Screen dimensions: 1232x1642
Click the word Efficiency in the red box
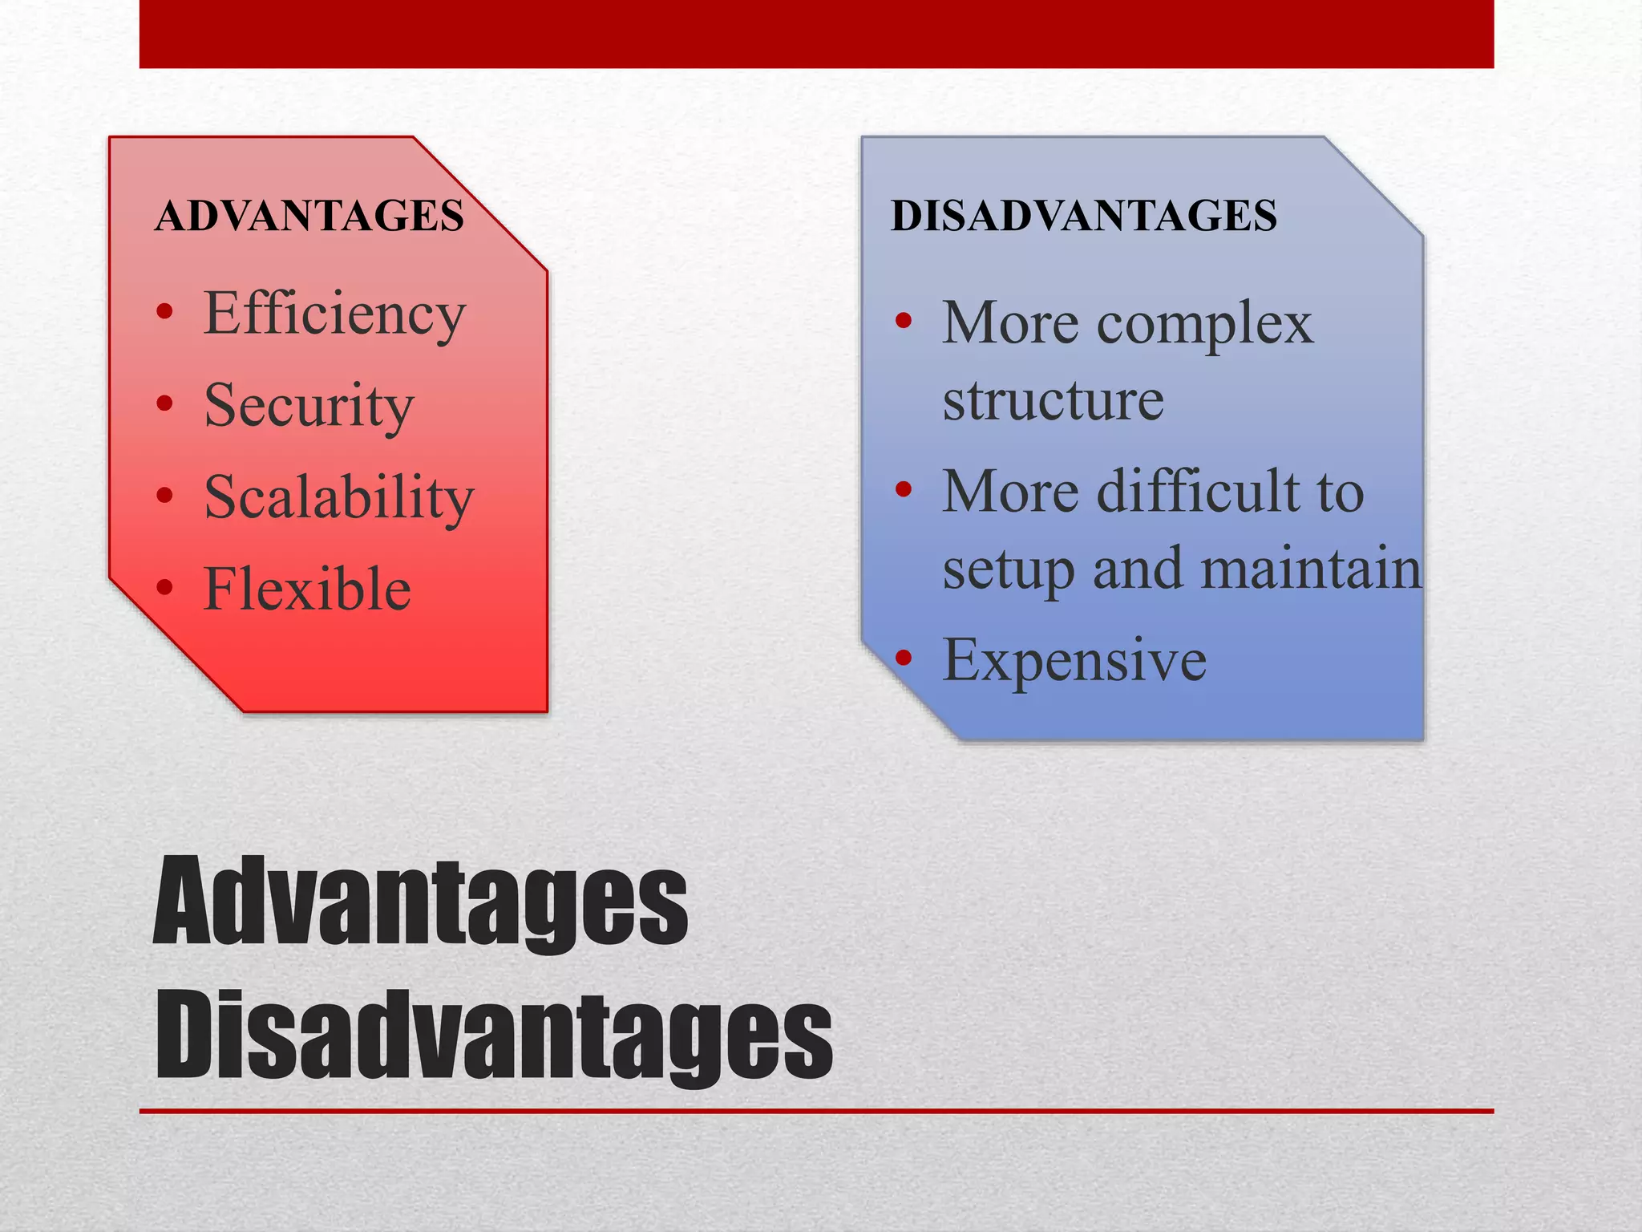point(334,314)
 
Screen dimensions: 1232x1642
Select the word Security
point(309,406)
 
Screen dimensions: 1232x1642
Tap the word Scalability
point(338,497)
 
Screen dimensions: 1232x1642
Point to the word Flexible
point(307,589)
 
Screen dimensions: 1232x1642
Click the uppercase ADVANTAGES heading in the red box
point(309,216)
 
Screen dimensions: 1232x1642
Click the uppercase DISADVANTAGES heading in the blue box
point(1083,216)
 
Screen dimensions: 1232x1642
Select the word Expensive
point(1074,660)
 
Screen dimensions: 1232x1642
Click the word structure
point(1053,399)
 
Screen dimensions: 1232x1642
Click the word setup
point(1008,569)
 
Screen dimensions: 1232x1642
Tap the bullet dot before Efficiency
point(165,312)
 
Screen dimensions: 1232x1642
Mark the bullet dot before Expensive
point(904,659)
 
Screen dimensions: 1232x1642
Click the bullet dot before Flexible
point(165,587)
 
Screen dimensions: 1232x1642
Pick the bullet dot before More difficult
point(904,489)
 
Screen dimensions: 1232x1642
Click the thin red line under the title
point(816,1111)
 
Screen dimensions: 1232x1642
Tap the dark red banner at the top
point(816,34)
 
